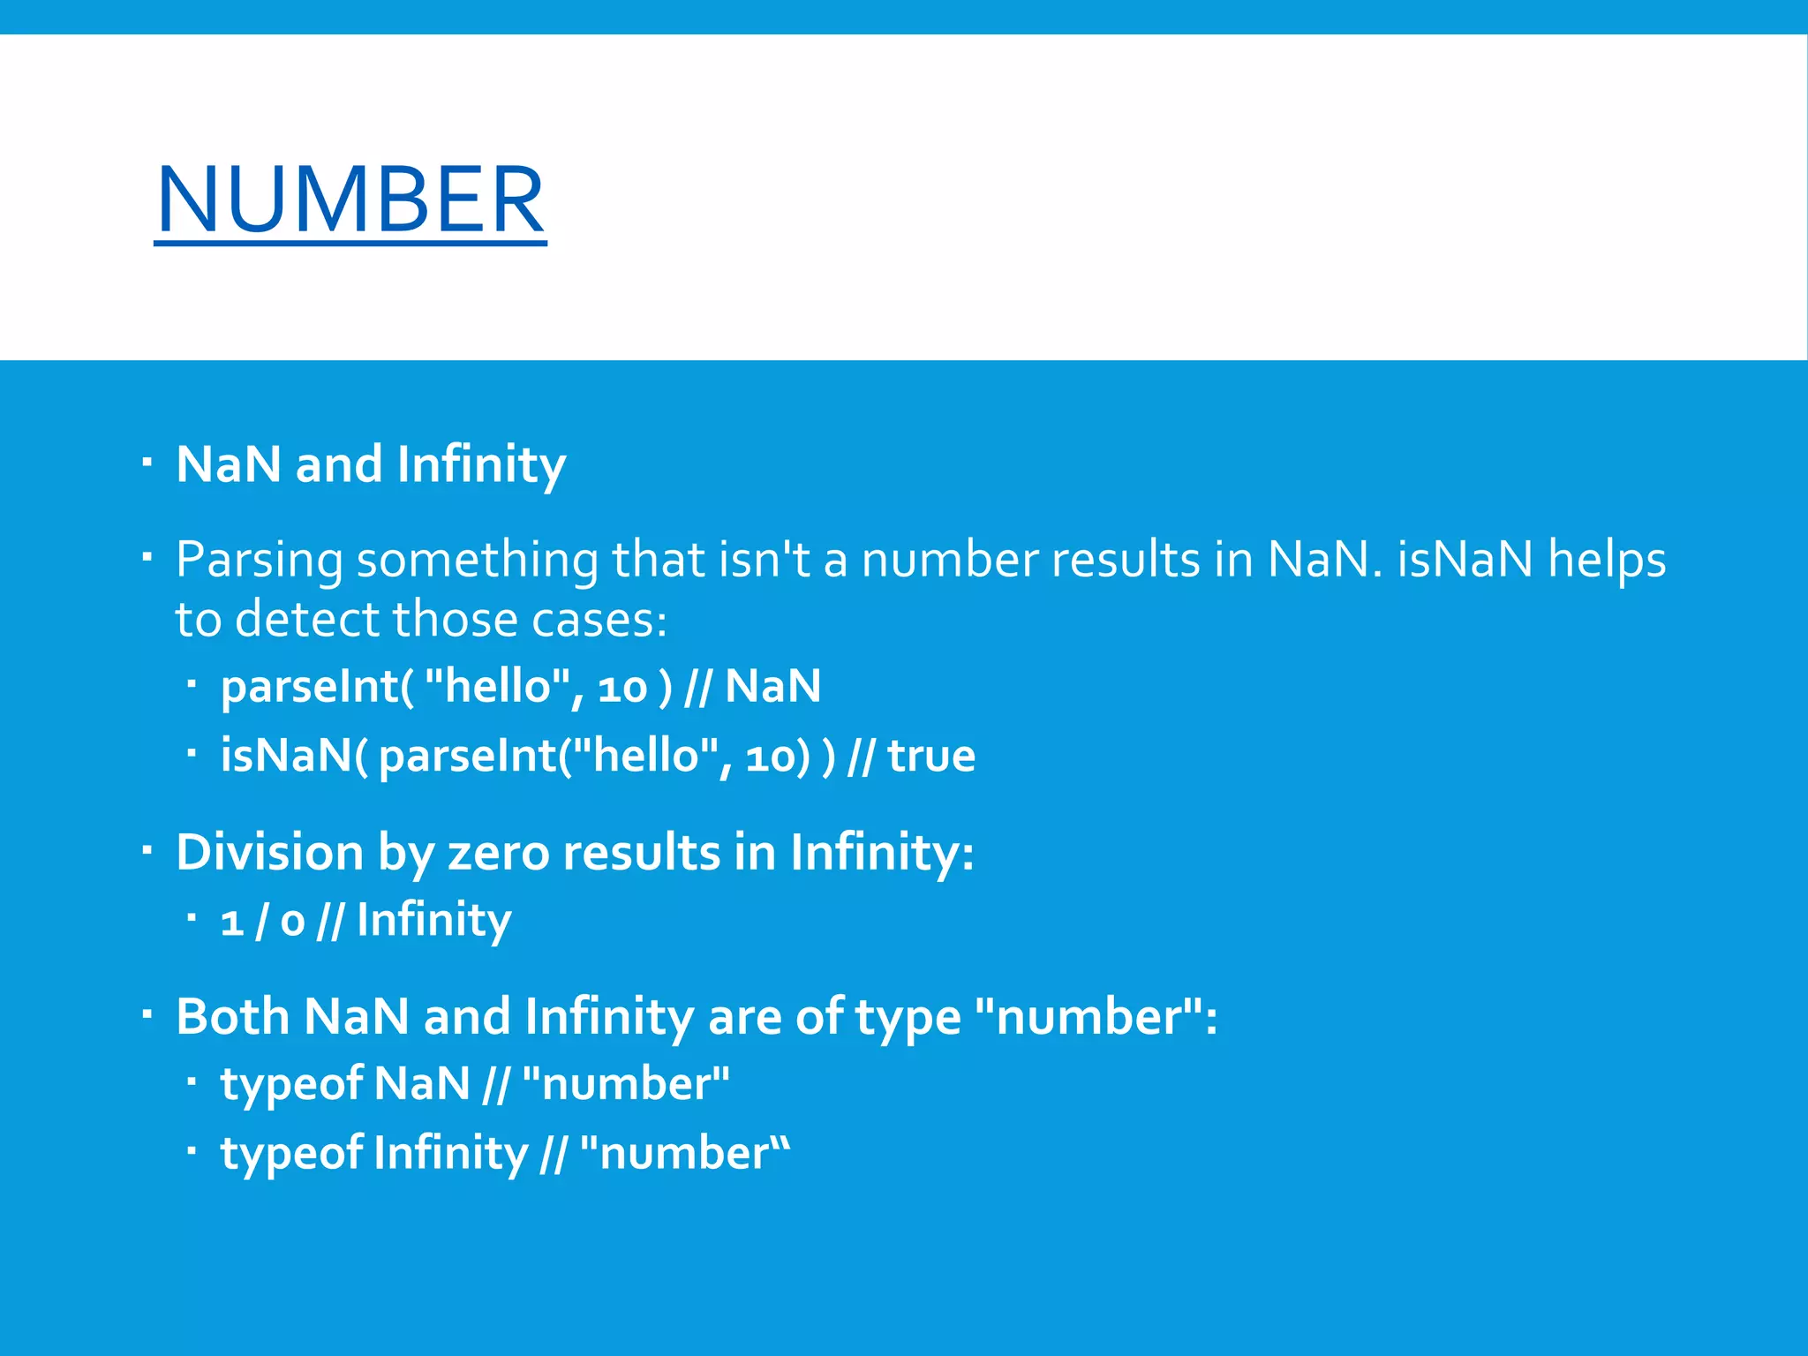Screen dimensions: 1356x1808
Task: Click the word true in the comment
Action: point(931,756)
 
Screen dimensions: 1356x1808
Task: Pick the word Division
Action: point(270,853)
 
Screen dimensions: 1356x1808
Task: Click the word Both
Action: point(232,1016)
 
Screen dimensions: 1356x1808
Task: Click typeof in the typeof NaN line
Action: point(290,1084)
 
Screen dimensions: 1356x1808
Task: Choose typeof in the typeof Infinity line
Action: point(290,1154)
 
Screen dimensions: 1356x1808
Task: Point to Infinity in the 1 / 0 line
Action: point(433,921)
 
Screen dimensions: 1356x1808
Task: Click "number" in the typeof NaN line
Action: point(626,1084)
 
